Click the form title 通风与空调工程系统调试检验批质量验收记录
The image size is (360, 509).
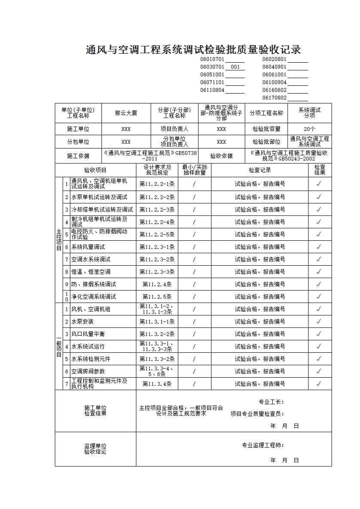[x=193, y=50]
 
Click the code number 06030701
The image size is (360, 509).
[x=212, y=67]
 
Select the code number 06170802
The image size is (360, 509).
[x=275, y=98]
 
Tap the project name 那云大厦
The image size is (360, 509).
[x=126, y=113]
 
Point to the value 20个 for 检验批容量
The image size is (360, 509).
[x=309, y=129]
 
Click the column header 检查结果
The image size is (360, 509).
[x=320, y=170]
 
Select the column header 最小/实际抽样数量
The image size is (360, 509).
[x=194, y=170]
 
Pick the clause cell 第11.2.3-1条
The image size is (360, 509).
[x=157, y=247]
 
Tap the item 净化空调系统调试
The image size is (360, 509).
[x=94, y=297]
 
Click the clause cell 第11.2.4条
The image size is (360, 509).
[x=157, y=284]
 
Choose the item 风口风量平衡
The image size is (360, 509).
[x=88, y=334]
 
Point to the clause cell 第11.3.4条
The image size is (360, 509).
[x=157, y=384]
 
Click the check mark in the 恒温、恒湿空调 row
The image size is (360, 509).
[x=318, y=272]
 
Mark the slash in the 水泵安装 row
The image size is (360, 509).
[x=194, y=321]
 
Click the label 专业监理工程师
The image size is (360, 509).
[x=262, y=445]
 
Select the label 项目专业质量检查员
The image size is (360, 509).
[x=257, y=414]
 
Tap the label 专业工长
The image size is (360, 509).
[x=271, y=402]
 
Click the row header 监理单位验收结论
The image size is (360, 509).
[x=95, y=449]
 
